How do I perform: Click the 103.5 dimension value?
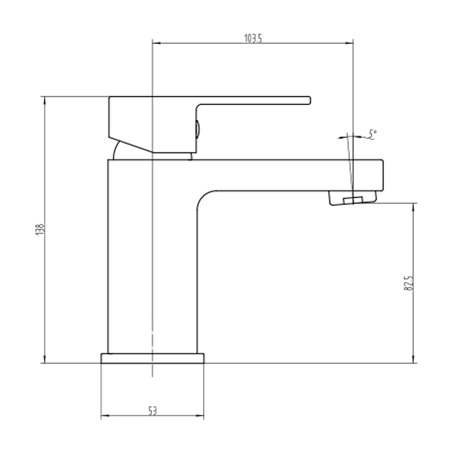coord(253,38)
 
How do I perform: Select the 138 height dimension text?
coord(40,229)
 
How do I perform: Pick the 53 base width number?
coord(153,410)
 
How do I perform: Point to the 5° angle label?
coord(372,135)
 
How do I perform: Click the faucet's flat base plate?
coord(153,358)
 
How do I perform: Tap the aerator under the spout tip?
coord(353,198)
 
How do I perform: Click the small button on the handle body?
coord(198,129)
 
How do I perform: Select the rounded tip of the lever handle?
coord(309,100)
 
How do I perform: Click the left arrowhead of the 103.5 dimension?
coord(156,43)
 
